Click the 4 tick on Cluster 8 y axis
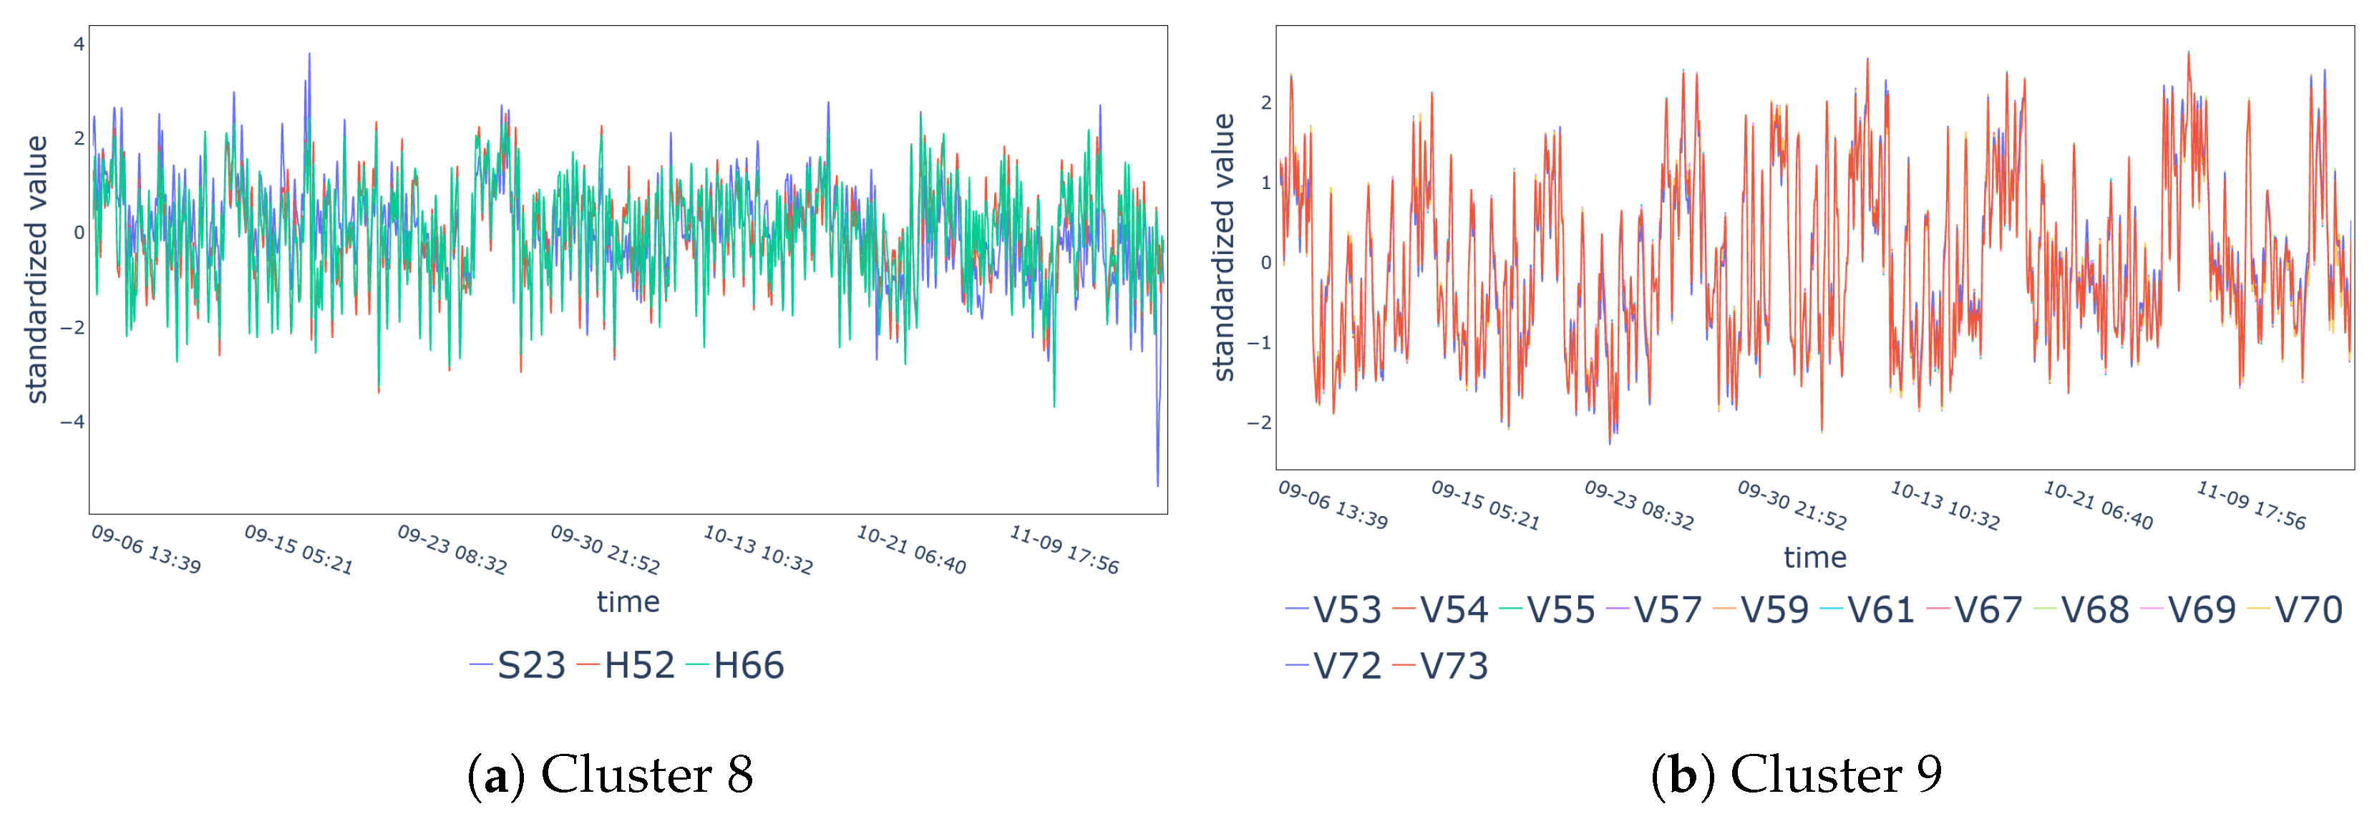(79, 44)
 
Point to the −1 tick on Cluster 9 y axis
(1258, 342)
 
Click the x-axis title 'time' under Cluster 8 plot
(628, 602)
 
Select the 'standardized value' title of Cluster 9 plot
(1223, 248)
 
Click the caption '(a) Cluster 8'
(610, 774)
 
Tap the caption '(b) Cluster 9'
(1796, 774)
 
